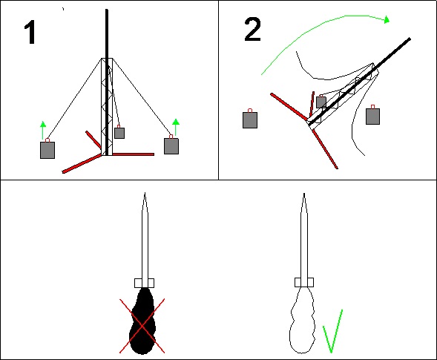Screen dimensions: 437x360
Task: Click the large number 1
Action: click(30, 33)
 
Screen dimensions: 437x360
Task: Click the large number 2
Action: click(252, 29)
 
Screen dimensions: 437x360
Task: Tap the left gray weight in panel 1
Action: click(47, 150)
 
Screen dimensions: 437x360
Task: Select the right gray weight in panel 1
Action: click(171, 145)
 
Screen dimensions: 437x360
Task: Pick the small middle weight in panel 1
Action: click(119, 133)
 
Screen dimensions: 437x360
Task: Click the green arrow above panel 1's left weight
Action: click(42, 130)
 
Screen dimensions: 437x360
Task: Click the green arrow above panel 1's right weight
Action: click(176, 127)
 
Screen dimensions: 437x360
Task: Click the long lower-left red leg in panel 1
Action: click(82, 164)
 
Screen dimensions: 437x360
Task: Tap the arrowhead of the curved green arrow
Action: click(387, 19)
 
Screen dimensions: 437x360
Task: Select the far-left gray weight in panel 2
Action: click(250, 120)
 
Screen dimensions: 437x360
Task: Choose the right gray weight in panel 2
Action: click(372, 117)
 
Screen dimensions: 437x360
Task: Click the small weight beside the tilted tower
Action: click(321, 102)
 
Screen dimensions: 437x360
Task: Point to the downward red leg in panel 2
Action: click(325, 149)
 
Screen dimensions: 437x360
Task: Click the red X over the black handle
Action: click(142, 326)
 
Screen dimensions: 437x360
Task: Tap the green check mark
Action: click(332, 331)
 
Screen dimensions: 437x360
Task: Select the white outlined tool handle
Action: click(303, 320)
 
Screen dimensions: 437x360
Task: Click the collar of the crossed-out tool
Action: click(144, 283)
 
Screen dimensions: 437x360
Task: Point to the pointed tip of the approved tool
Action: click(304, 194)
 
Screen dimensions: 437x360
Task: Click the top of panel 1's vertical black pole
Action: click(107, 10)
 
